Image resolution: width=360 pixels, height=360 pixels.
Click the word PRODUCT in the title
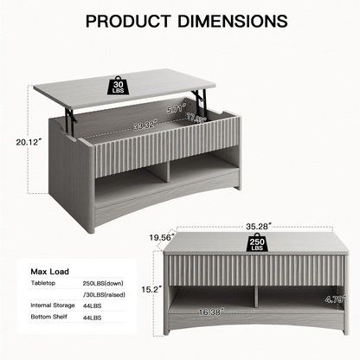tap(128, 21)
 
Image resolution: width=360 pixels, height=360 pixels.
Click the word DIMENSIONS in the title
tap(233, 21)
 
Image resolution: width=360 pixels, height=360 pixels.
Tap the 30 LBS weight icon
tap(118, 85)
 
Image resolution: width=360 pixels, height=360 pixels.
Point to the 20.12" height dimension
tap(27, 142)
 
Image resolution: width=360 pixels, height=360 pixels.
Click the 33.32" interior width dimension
tap(145, 125)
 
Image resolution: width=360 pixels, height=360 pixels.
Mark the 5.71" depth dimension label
tap(175, 109)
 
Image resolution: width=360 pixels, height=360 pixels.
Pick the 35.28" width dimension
tap(259, 227)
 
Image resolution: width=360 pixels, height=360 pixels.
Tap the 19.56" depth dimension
tap(162, 237)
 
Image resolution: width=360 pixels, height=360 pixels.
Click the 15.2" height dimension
tap(151, 289)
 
